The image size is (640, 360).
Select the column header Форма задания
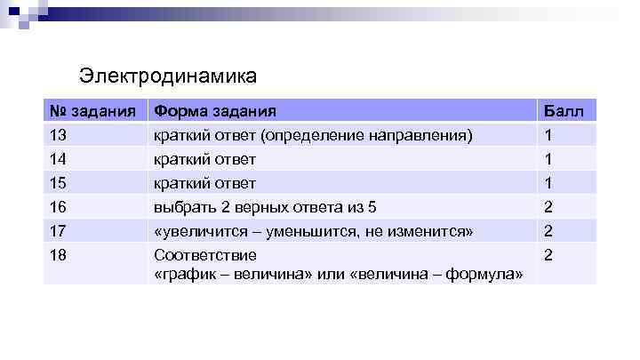point(214,112)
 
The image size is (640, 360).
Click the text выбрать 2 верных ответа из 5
point(265,207)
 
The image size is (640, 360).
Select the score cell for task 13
point(548,135)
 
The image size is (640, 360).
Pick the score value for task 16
point(549,207)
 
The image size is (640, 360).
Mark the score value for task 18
point(549,255)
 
